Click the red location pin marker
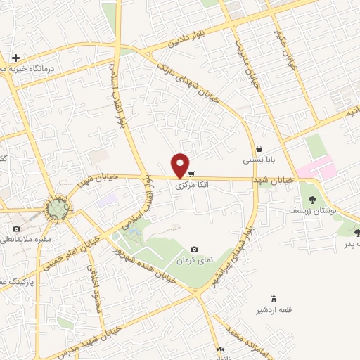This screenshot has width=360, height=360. click(x=181, y=165)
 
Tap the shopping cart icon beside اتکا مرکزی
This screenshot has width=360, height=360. click(x=192, y=174)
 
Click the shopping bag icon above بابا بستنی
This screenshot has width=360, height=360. click(x=260, y=149)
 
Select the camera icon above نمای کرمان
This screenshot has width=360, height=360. click(x=195, y=250)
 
